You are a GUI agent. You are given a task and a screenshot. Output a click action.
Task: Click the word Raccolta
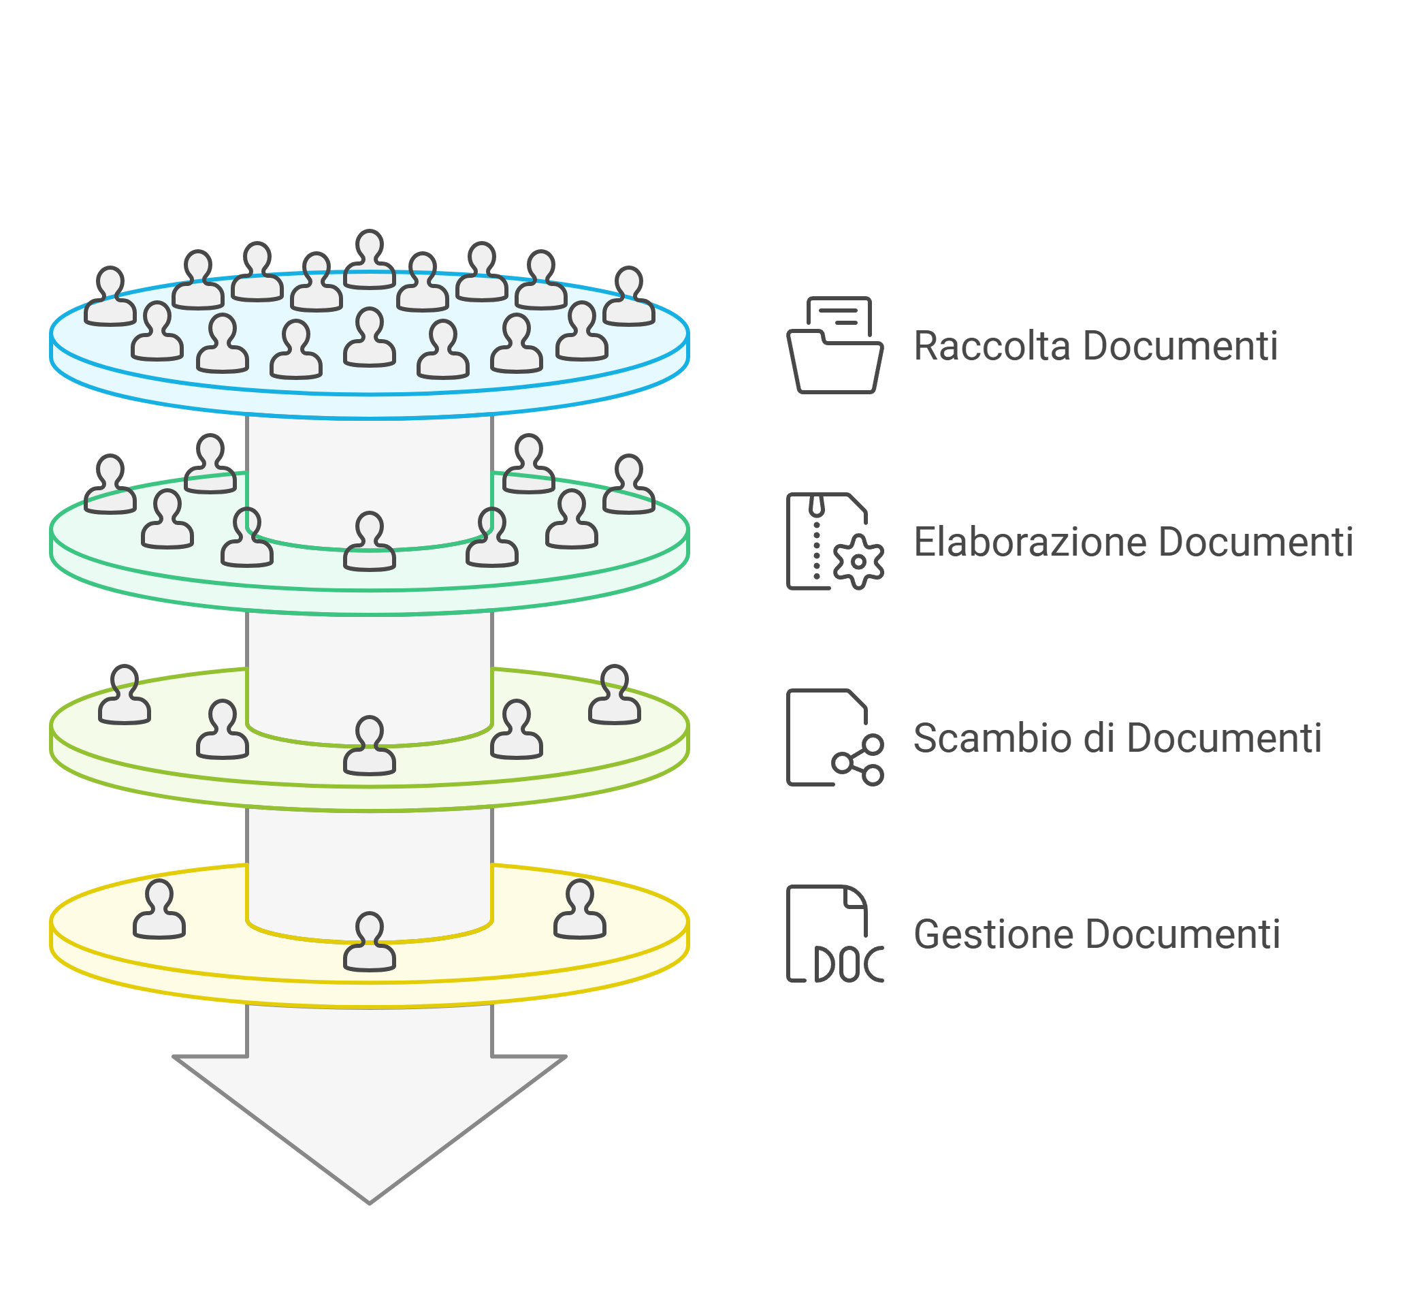coord(992,346)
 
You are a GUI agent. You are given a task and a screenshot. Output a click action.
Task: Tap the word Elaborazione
coord(1030,542)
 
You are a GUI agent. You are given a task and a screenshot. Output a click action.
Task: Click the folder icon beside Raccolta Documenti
coord(834,346)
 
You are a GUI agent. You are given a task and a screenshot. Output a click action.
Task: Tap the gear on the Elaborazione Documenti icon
coord(858,562)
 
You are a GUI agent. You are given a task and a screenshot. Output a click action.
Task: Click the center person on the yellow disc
coord(369,942)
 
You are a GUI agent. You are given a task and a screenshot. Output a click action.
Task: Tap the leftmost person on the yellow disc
coord(159,910)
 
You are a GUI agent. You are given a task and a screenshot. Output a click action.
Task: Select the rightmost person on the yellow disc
coord(579,910)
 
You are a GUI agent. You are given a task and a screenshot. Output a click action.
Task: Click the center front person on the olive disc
coord(369,746)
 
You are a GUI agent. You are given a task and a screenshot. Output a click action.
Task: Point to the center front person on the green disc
coord(369,543)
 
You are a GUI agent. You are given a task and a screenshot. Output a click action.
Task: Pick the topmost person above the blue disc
coord(369,259)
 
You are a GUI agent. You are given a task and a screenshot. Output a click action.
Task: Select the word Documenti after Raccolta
coord(1180,346)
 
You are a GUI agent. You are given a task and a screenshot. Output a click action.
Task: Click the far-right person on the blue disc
coord(629,297)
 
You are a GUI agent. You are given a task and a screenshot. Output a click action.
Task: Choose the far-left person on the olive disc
coord(125,695)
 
